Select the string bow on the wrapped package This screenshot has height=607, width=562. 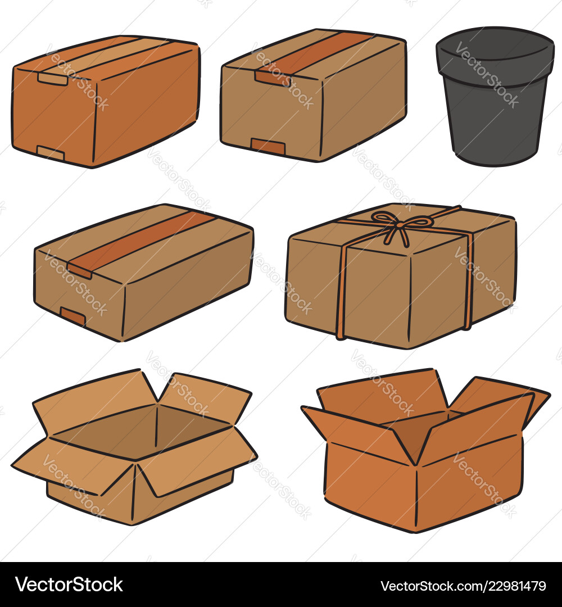tap(400, 224)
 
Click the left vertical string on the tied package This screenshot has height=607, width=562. tap(341, 292)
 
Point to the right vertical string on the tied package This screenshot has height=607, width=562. tap(468, 281)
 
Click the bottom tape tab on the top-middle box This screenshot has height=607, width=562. tap(268, 147)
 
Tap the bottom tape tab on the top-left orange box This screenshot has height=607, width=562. tap(50, 152)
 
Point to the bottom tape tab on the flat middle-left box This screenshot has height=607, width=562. tap(72, 316)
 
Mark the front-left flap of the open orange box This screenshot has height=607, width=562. tap(360, 433)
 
